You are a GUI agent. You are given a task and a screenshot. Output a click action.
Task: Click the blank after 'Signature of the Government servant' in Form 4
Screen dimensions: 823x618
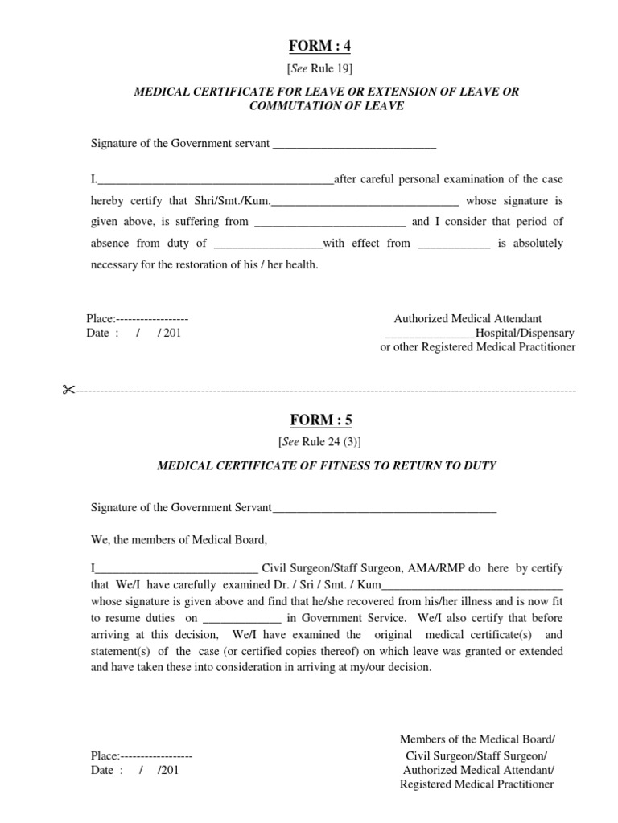[x=355, y=145]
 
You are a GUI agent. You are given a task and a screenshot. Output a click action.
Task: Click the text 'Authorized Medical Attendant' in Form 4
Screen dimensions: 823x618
[x=468, y=319]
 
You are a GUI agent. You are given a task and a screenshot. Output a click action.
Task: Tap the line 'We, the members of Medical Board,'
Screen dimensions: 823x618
[x=179, y=538]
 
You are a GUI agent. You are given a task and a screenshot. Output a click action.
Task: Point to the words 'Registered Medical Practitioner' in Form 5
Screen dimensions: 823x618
[x=476, y=784]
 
